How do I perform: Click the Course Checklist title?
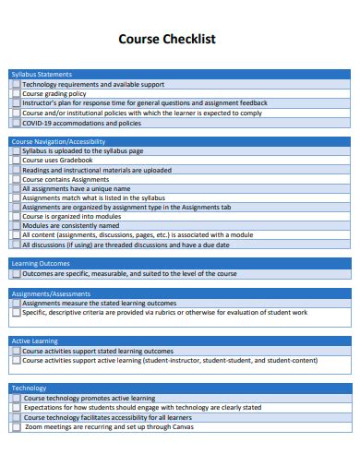[x=180, y=40]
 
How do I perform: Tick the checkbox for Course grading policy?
[x=16, y=93]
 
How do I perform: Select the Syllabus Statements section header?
[x=41, y=74]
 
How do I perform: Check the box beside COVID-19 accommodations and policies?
[x=16, y=123]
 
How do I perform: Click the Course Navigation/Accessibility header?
[x=58, y=141]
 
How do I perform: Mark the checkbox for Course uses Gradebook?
[x=16, y=161]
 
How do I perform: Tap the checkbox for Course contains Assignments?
[x=16, y=179]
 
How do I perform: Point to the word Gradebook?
[x=76, y=161]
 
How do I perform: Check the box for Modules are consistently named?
[x=16, y=226]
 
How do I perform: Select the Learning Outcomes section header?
[x=40, y=264]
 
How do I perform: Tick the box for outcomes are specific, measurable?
[x=16, y=274]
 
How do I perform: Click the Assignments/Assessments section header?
[x=51, y=293]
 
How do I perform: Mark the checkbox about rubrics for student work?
[x=16, y=313]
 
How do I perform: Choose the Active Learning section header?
[x=34, y=341]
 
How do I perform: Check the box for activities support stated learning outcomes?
[x=16, y=352]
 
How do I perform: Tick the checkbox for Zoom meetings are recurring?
[x=16, y=427]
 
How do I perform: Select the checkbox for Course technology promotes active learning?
[x=16, y=399]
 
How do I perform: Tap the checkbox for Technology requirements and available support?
[x=16, y=84]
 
